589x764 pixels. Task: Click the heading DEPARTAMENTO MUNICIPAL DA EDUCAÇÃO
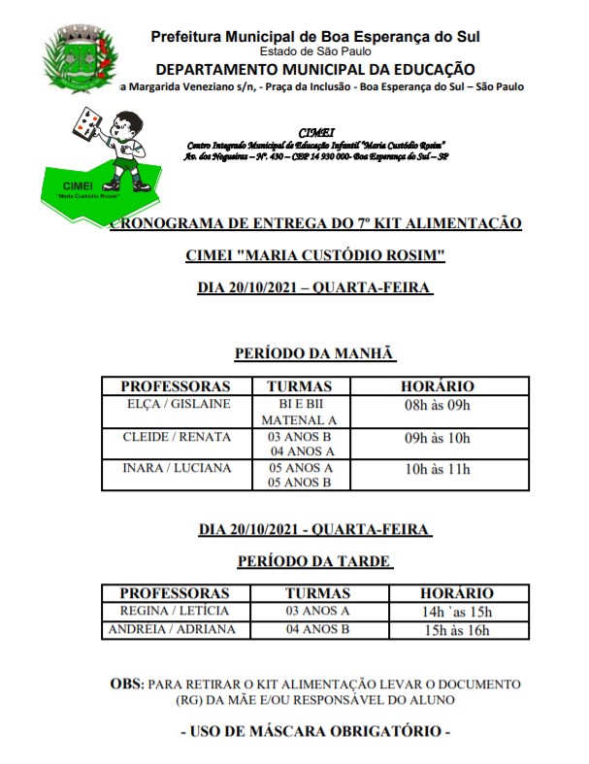315,69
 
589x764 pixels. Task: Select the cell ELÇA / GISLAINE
179,404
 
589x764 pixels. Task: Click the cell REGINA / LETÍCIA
175,611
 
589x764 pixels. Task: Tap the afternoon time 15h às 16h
456,630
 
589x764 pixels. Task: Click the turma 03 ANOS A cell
317,611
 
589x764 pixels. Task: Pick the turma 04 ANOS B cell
317,629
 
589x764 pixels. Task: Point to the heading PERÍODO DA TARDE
314,561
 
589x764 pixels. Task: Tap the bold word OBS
126,684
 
